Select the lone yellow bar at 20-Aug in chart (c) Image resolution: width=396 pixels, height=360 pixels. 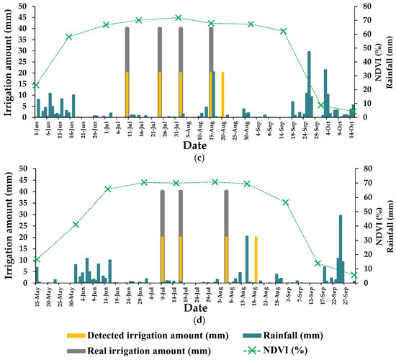(x=222, y=94)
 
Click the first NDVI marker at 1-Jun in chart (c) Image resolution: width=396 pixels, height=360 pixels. (x=36, y=85)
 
